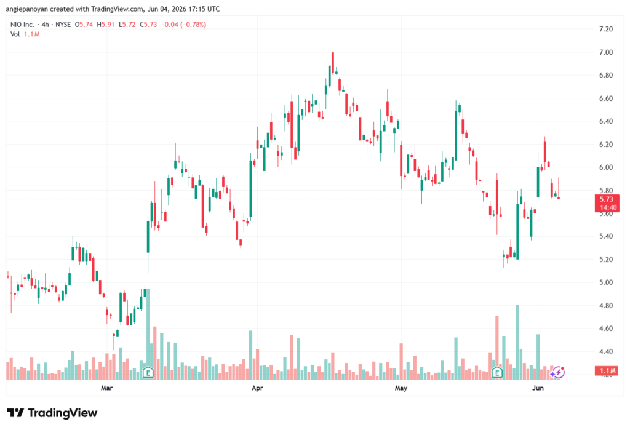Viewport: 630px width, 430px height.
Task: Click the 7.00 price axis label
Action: click(605, 52)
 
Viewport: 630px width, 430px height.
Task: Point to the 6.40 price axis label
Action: click(605, 121)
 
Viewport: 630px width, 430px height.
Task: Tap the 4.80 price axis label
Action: click(605, 305)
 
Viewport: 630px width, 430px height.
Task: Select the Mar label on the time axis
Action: click(106, 388)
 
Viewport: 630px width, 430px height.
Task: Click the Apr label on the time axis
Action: click(257, 388)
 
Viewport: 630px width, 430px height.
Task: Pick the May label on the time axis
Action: click(401, 388)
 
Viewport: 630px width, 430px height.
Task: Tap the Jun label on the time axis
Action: click(538, 388)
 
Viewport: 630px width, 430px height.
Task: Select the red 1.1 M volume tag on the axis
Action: click(607, 370)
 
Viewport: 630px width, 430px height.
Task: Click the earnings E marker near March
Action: click(148, 373)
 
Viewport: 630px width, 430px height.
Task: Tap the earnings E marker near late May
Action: click(497, 373)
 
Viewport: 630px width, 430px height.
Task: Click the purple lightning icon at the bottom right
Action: click(557, 373)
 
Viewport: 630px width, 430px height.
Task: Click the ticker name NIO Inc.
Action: click(23, 25)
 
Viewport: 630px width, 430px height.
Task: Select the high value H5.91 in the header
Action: click(106, 25)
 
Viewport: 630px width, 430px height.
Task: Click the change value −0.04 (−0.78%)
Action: click(183, 25)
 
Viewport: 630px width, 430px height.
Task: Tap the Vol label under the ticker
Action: click(15, 34)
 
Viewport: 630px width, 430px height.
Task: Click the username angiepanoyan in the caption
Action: click(26, 9)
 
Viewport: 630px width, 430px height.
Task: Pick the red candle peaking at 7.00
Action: click(333, 63)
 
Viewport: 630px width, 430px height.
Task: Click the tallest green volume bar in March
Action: click(148, 333)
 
